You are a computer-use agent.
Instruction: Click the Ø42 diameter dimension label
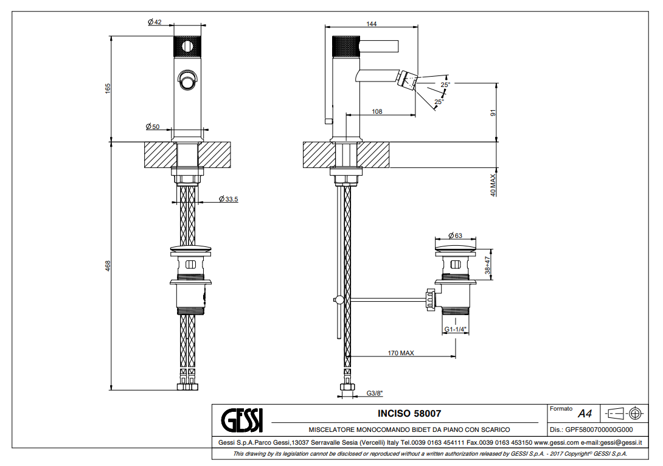coord(154,22)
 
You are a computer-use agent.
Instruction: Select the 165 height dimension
coord(108,88)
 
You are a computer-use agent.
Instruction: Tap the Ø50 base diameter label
coord(153,127)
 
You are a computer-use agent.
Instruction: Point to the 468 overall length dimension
coord(108,265)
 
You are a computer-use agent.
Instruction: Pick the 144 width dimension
coord(372,24)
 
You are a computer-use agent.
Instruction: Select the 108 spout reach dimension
coord(377,111)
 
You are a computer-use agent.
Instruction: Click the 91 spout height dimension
coord(494,113)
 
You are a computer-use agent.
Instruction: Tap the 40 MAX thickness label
coord(494,184)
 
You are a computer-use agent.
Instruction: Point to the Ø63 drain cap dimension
coord(455,235)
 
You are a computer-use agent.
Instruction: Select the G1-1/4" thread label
coord(455,329)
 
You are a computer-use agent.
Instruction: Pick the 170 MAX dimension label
coord(401,353)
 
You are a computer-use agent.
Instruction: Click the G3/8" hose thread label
coord(375,393)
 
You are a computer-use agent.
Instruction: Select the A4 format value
coord(585,414)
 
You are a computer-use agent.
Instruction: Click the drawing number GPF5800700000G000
coord(595,429)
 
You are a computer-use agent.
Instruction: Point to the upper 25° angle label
coord(445,85)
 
